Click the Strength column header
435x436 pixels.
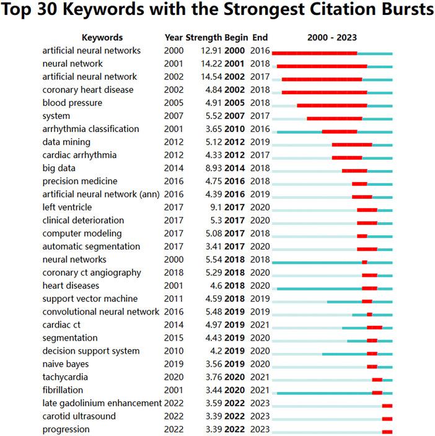203,37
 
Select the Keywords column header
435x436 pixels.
102,37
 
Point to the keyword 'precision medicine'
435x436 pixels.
80,181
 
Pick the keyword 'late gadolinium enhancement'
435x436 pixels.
102,403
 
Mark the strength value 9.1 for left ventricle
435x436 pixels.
215,207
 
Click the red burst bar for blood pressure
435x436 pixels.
332,106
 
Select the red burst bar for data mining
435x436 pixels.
352,145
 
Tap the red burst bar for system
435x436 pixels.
335,119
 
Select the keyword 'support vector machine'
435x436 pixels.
90,299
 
